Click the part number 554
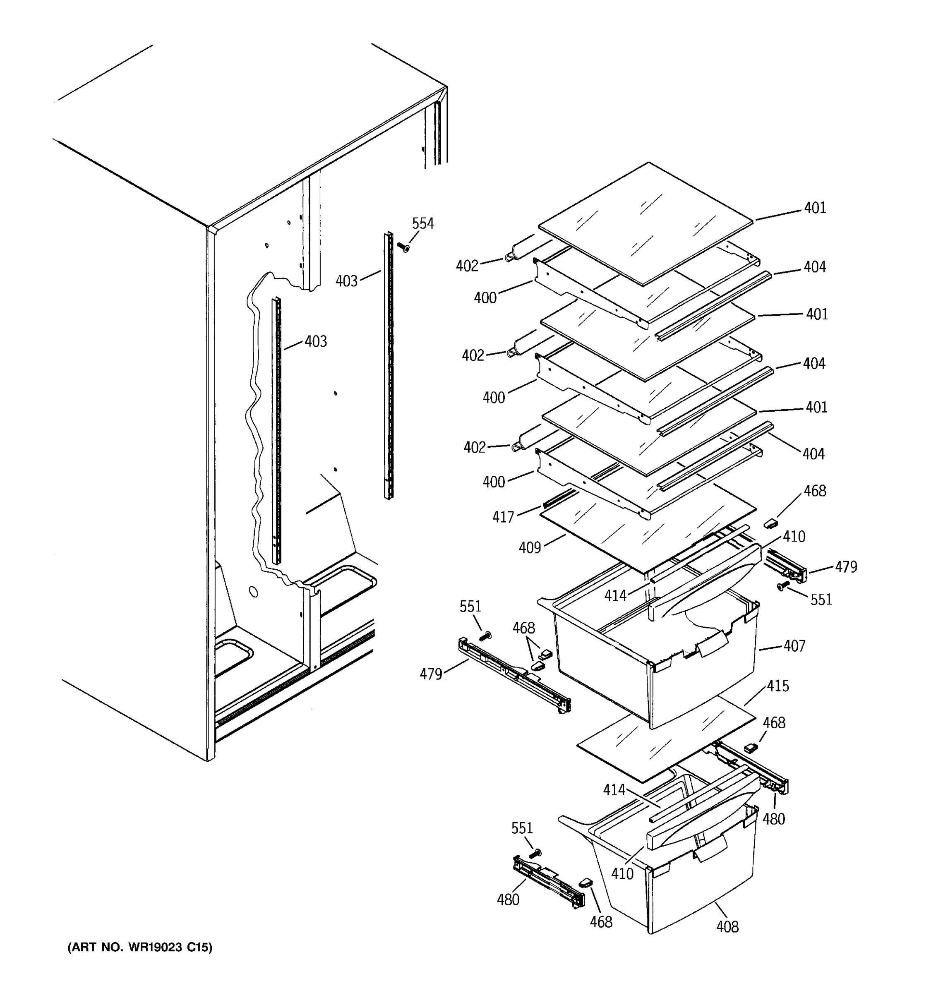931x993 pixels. (422, 224)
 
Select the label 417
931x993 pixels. (503, 517)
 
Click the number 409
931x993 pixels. (530, 548)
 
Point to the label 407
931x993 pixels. (794, 646)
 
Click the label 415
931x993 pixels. (777, 686)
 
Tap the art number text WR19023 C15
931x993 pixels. (140, 947)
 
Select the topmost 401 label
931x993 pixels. (815, 208)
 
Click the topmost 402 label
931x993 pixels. (467, 266)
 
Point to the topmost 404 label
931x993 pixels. (815, 267)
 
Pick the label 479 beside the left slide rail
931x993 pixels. (431, 674)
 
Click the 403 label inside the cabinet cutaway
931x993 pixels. (316, 342)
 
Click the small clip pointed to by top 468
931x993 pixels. (772, 523)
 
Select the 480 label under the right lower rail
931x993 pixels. (774, 819)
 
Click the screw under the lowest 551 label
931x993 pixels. (536, 853)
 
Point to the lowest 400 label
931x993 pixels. (494, 482)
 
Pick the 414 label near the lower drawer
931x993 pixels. (614, 790)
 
